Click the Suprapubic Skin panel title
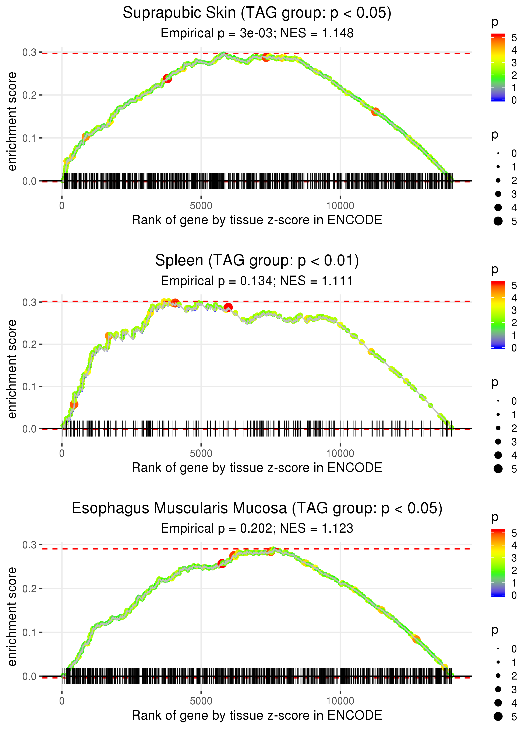(x=257, y=13)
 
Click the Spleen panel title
(x=257, y=261)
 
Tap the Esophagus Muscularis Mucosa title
(x=257, y=508)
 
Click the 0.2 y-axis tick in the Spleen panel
(x=29, y=344)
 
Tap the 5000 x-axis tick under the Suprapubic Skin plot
(x=201, y=206)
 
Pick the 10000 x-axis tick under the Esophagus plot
(x=340, y=701)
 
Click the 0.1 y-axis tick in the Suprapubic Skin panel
(x=29, y=138)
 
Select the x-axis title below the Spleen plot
(x=257, y=468)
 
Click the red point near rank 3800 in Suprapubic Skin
(x=167, y=78)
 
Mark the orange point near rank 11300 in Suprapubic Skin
(x=375, y=112)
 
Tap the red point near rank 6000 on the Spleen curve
(x=228, y=307)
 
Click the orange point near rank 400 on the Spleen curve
(x=74, y=404)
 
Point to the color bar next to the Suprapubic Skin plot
(x=498, y=67)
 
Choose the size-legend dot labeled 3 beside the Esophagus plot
(x=498, y=689)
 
